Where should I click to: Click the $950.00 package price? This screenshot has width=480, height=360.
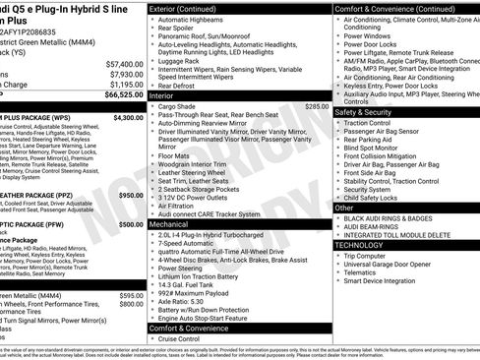click(x=131, y=195)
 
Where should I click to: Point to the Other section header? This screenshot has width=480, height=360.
click(x=344, y=208)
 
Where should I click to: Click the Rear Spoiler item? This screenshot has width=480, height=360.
click(x=182, y=29)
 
